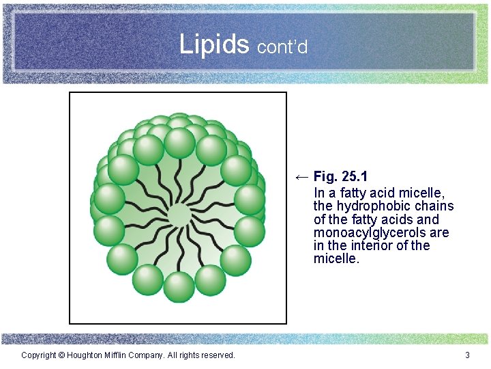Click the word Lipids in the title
214,44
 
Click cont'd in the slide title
282,46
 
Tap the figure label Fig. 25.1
340,178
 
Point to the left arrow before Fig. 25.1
301,178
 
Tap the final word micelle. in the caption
336,259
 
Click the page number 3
467,355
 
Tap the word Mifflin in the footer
123,355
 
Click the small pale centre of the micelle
179,215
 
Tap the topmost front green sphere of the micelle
179,142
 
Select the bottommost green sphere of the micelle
179,286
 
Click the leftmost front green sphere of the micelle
109,198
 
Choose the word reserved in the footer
217,355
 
